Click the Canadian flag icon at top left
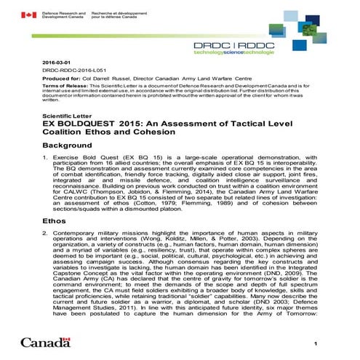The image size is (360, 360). [29, 15]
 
